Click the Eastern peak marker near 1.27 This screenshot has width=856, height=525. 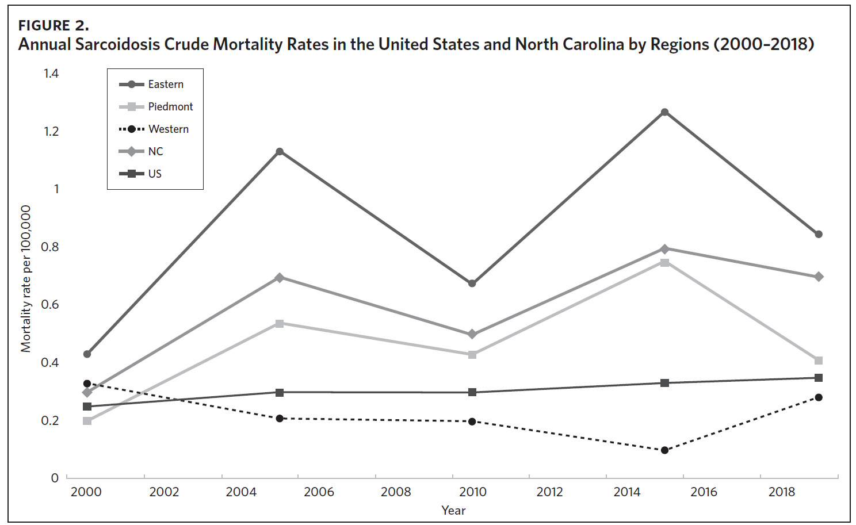point(664,112)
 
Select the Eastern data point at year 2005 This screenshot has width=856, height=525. point(280,152)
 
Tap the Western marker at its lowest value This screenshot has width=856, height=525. point(664,450)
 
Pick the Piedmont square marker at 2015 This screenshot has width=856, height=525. point(664,263)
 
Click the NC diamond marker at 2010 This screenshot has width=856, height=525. point(472,334)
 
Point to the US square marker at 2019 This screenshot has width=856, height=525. point(819,378)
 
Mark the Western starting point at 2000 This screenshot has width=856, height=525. point(87,384)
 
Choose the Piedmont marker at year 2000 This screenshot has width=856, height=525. point(87,421)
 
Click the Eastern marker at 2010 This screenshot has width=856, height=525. point(472,283)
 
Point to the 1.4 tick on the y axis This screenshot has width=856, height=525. point(51,73)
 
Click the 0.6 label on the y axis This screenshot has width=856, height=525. point(50,304)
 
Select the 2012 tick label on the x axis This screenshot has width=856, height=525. point(549,492)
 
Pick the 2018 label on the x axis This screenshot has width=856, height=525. point(782,492)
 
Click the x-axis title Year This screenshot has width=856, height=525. point(453,510)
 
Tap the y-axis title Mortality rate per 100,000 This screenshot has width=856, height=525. point(26,279)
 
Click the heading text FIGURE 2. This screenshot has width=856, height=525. point(54,25)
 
